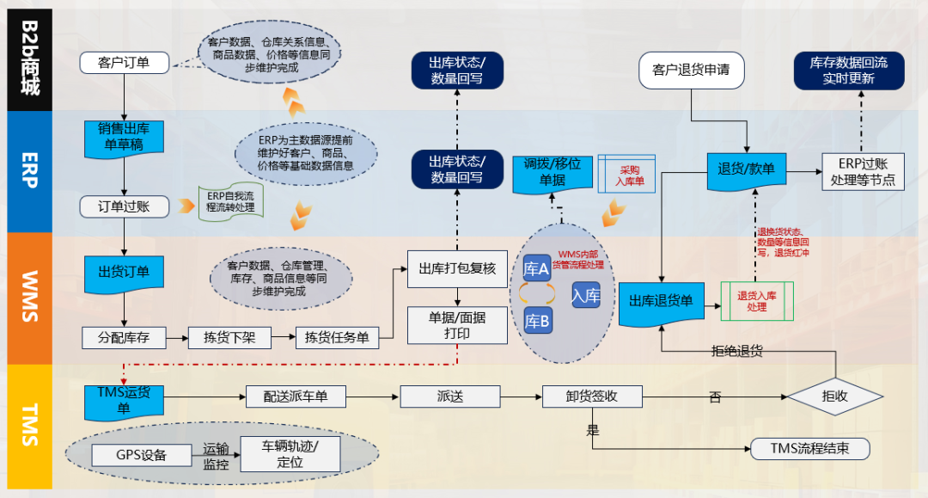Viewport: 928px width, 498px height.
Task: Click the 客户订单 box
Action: click(x=124, y=63)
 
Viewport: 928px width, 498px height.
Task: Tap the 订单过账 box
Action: click(x=123, y=207)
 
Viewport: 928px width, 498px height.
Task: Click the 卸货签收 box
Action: click(x=592, y=396)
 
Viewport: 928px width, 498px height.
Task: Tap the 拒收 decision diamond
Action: click(x=834, y=397)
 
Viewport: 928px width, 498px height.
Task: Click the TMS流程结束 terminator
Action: click(x=809, y=448)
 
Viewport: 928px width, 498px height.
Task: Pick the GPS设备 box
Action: click(x=141, y=454)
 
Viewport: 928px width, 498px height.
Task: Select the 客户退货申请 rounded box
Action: click(x=691, y=70)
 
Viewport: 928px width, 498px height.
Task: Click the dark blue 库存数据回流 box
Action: click(x=849, y=71)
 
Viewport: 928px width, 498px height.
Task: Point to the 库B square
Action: click(x=538, y=322)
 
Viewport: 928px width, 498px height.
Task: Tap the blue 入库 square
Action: click(x=586, y=296)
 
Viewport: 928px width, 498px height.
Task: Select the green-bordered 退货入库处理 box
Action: click(x=757, y=301)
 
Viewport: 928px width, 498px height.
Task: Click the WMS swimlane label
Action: click(x=29, y=297)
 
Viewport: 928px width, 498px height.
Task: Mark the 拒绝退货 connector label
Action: click(x=737, y=351)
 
